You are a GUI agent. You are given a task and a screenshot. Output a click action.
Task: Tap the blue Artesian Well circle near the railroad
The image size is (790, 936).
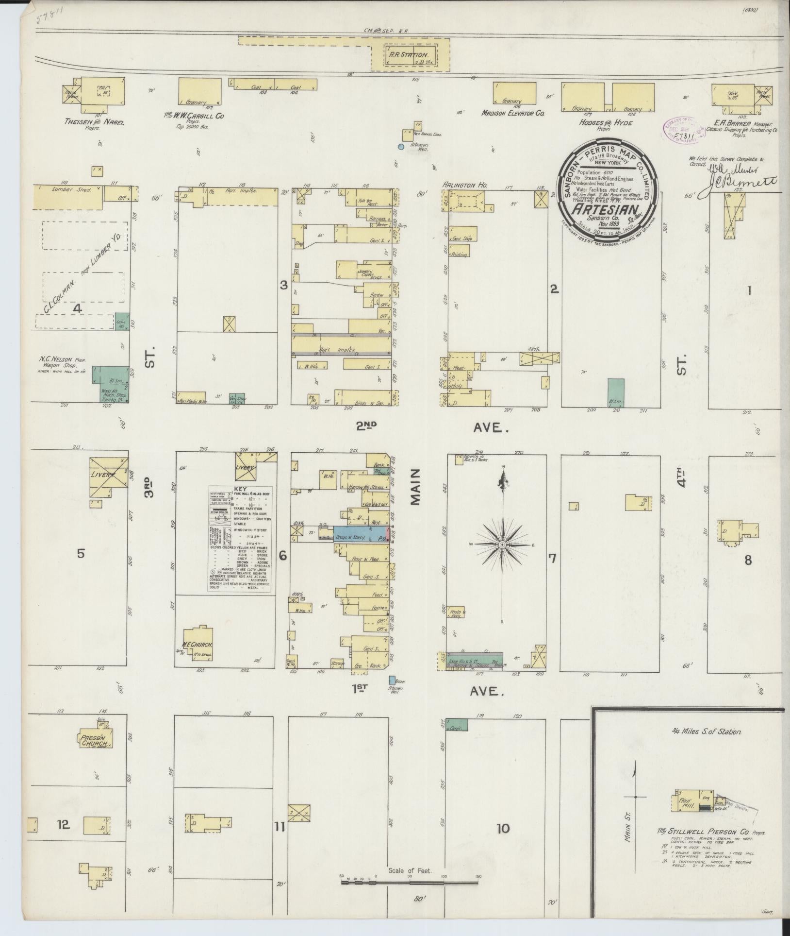coord(401,146)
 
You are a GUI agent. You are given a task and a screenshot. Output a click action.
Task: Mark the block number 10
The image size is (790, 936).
coord(503,828)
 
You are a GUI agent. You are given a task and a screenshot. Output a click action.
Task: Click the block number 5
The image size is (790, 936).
coord(81,553)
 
